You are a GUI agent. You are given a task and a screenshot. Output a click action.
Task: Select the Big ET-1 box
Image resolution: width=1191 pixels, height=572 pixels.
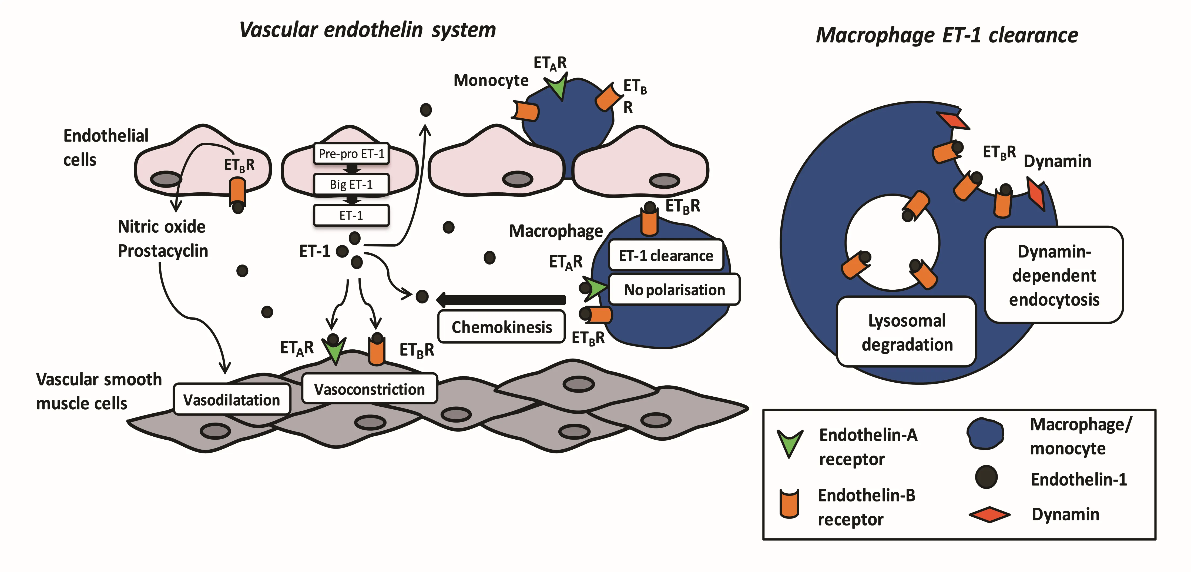[x=351, y=185]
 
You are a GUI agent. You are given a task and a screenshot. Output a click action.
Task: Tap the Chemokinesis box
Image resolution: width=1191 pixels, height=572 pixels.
[x=502, y=327]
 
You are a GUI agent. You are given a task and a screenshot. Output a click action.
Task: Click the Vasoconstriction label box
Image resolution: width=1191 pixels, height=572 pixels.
[x=370, y=389]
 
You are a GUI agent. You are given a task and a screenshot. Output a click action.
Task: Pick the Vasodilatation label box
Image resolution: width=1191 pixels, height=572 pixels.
[x=232, y=400]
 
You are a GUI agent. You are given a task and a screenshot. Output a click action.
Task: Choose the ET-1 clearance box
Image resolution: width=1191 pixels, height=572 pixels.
[x=666, y=255]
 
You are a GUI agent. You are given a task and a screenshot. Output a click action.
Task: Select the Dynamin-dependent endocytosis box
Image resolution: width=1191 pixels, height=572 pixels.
[x=1054, y=275]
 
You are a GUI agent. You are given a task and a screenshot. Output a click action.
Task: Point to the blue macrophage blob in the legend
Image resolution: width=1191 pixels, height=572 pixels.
[x=985, y=434]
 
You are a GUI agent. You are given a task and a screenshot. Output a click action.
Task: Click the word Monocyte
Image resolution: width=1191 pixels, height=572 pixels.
[x=491, y=81]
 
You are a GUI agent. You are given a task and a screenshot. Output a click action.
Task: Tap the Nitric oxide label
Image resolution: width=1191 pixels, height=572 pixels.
[x=162, y=227]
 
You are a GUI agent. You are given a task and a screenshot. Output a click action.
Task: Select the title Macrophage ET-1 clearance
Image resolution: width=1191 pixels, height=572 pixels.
[x=947, y=35]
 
